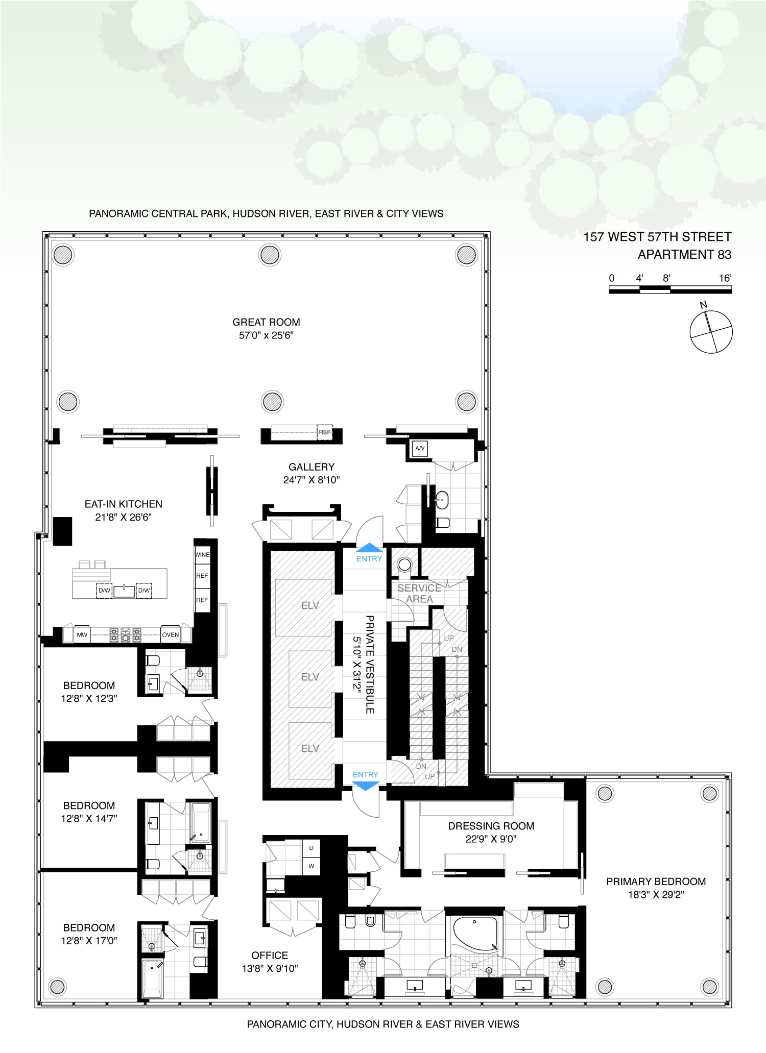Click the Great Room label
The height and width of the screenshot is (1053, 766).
[266, 322]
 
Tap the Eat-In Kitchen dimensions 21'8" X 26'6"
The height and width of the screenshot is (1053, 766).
[124, 517]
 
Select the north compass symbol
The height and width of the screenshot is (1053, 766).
[711, 331]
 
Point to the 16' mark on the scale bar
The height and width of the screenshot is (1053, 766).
[725, 278]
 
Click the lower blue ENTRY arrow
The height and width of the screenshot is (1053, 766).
[366, 786]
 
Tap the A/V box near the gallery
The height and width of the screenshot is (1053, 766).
[420, 449]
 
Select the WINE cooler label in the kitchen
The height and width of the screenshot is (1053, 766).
[202, 555]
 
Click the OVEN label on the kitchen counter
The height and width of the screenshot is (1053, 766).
[171, 635]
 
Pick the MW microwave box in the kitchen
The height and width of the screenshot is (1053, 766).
[82, 635]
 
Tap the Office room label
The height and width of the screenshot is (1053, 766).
[270, 956]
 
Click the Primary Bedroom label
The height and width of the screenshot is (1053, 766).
[656, 881]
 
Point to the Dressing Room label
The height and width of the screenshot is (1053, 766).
[491, 826]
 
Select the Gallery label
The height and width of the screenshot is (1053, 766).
[312, 467]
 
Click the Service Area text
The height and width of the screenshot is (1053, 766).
[419, 594]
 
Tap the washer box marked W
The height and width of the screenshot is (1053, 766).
[311, 866]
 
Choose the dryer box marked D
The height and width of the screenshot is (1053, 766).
[311, 848]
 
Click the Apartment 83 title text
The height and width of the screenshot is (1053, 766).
[684, 254]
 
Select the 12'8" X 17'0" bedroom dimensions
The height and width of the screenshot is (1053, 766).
[89, 941]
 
